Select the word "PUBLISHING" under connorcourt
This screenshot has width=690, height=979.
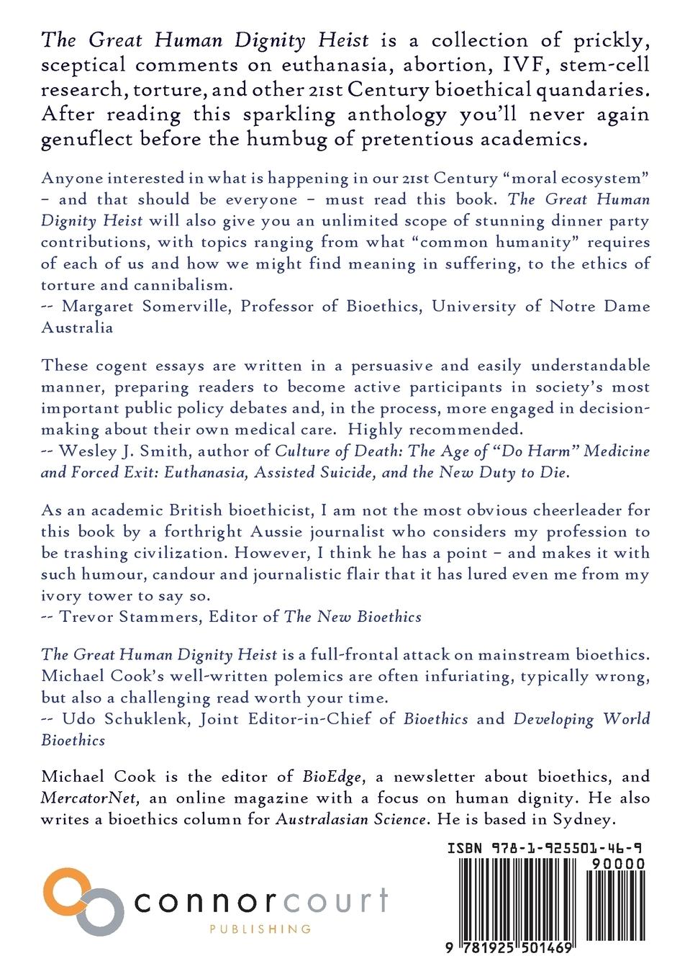[x=260, y=929]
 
